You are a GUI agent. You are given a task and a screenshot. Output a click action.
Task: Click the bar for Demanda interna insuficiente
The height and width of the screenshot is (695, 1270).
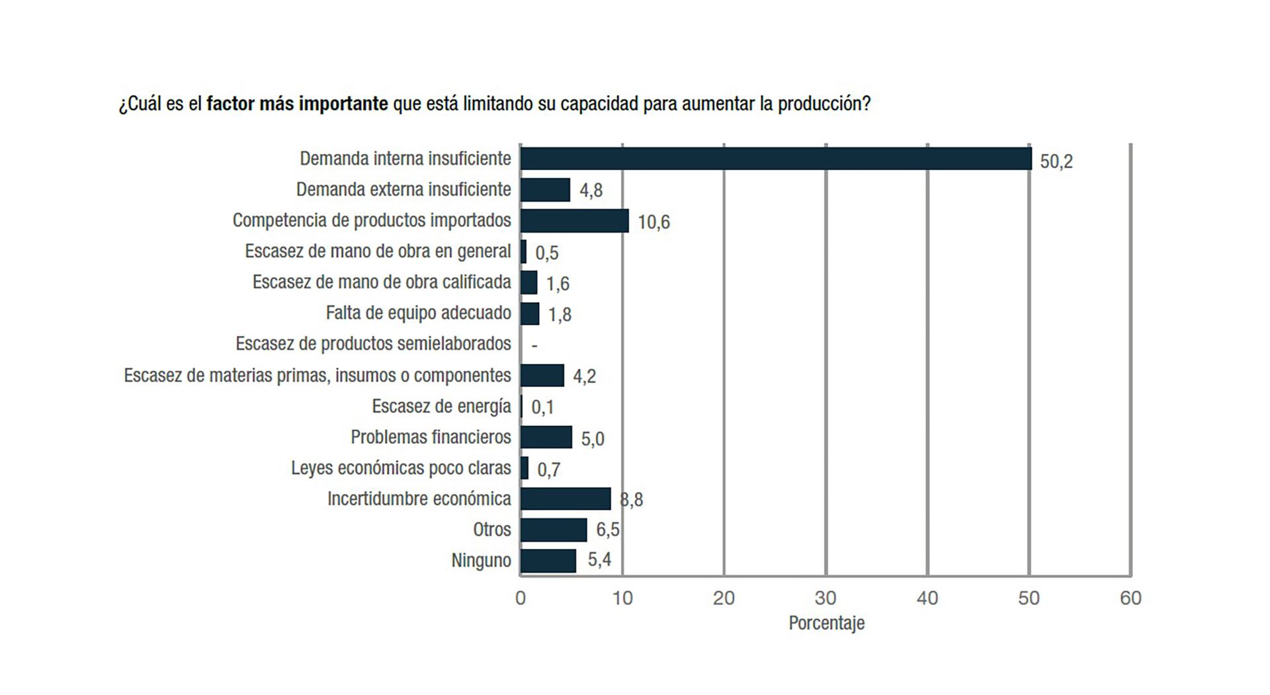[775, 159]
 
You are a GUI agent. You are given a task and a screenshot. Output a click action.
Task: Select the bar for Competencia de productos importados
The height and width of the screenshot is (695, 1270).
[574, 221]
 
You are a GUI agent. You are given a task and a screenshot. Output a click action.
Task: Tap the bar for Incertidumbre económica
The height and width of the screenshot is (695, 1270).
[565, 499]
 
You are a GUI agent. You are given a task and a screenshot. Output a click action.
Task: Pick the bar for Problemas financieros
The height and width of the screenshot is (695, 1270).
[546, 437]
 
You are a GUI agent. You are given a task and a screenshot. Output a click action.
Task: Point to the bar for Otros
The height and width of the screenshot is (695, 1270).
[553, 530]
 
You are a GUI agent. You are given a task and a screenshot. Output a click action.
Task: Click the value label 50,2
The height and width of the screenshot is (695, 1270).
[1056, 161]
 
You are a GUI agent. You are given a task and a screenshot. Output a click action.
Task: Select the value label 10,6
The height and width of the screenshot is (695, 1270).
[654, 222]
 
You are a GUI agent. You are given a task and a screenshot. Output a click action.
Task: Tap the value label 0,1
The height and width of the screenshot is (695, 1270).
[542, 407]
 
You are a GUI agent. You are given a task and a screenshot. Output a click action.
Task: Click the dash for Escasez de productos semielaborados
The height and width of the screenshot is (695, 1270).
[534, 345]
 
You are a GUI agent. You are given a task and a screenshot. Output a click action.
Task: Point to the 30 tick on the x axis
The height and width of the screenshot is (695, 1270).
[825, 598]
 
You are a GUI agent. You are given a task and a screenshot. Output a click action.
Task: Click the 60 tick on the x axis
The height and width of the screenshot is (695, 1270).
[1130, 598]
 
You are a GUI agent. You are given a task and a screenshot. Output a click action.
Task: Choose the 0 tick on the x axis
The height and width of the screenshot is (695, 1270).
[521, 598]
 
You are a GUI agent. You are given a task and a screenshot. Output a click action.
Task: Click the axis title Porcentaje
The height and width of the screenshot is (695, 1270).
[826, 623]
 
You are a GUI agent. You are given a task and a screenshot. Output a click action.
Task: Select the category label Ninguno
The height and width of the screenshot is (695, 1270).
[481, 561]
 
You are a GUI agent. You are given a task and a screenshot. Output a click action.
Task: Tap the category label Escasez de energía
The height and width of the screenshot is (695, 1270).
[441, 406]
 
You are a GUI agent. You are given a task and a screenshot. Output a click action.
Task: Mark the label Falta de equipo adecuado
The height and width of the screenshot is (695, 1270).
[418, 313]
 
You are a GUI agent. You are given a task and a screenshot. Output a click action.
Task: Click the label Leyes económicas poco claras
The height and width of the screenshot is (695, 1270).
[401, 468]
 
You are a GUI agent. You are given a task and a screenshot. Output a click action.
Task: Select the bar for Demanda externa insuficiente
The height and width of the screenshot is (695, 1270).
[545, 190]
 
